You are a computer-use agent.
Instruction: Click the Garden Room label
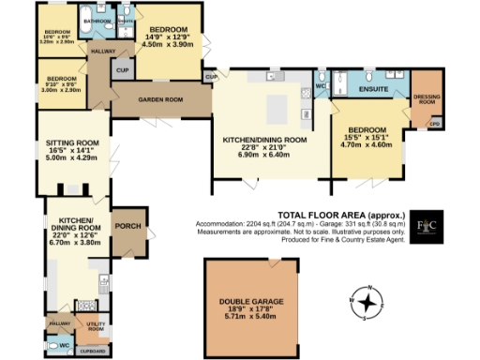pyautogui.click(x=160, y=98)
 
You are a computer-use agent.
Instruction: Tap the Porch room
pyautogui.click(x=126, y=226)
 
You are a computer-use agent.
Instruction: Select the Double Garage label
pyautogui.click(x=246, y=301)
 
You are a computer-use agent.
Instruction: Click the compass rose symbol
pyautogui.click(x=371, y=303)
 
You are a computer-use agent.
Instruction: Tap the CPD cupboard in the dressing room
pyautogui.click(x=434, y=123)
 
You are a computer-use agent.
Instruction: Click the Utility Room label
pyautogui.click(x=96, y=326)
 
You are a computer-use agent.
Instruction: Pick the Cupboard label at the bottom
pyautogui.click(x=92, y=352)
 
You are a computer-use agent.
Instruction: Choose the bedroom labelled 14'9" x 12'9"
pyautogui.click(x=170, y=35)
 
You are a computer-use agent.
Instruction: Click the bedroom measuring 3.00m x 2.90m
pyautogui.click(x=60, y=83)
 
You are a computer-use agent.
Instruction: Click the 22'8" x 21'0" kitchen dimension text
pyautogui.click(x=264, y=146)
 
